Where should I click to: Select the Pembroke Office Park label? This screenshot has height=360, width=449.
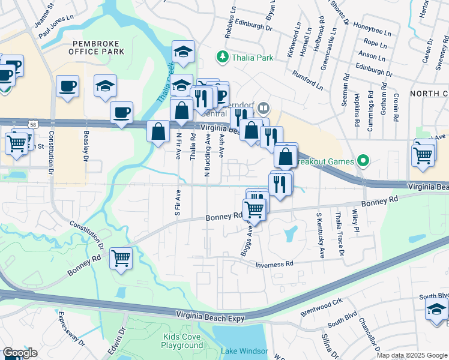pyautogui.click(x=98, y=47)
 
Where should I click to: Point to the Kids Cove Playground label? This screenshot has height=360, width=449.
pyautogui.click(x=182, y=341)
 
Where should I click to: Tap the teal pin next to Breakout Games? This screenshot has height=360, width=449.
pyautogui.click(x=362, y=161)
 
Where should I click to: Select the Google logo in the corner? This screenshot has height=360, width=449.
pyautogui.click(x=19, y=353)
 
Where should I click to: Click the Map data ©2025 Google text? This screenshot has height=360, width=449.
pyautogui.click(x=411, y=355)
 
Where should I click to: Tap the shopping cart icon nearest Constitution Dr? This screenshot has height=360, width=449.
pyautogui.click(x=121, y=259)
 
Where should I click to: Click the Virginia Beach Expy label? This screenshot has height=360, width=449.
pyautogui.click(x=210, y=316)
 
